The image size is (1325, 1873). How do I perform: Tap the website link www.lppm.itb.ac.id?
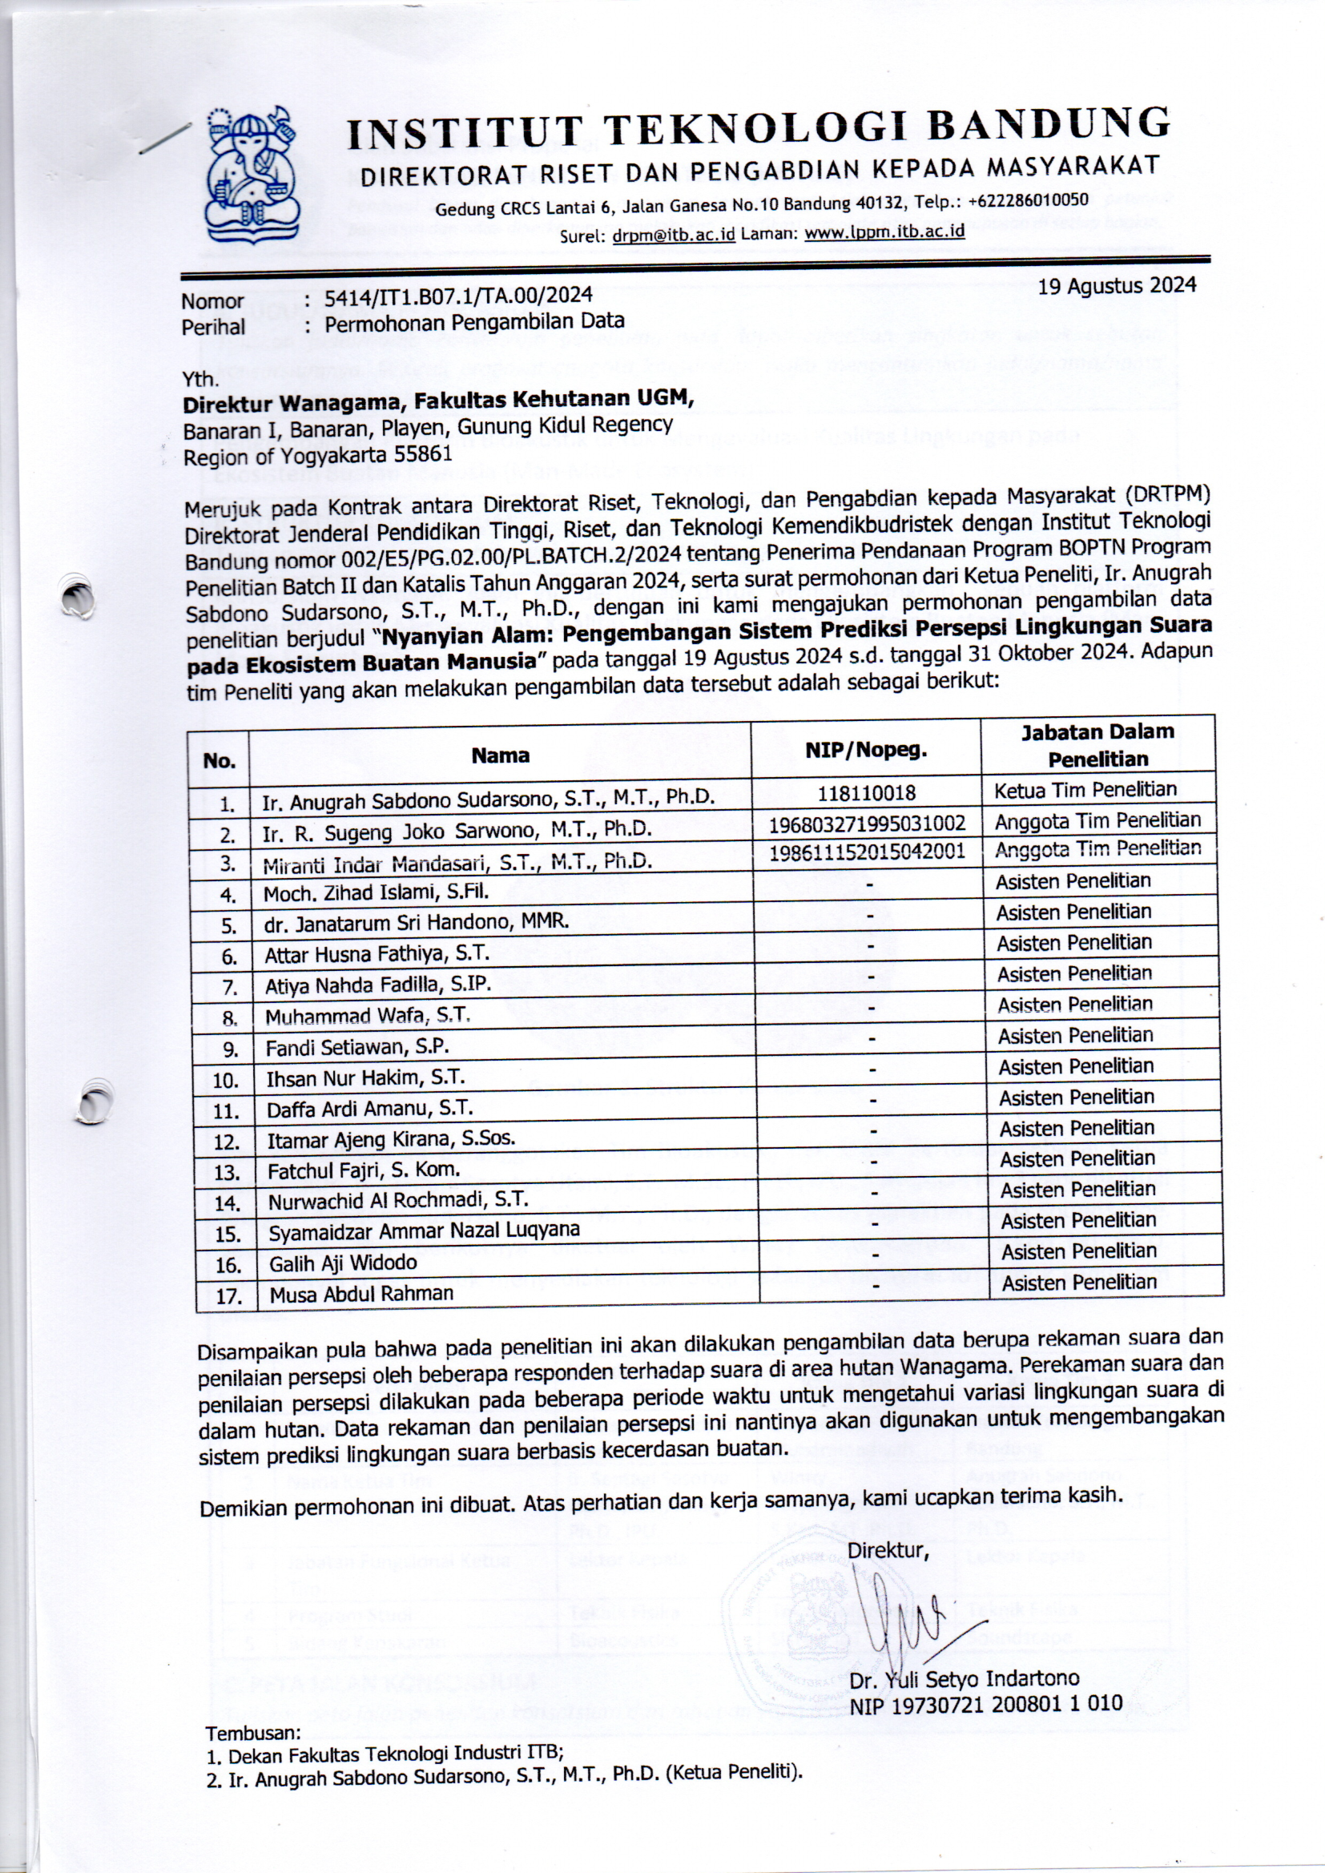[884, 232]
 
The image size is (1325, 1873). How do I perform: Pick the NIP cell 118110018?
[866, 793]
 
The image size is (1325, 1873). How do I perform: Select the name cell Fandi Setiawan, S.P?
[357, 1046]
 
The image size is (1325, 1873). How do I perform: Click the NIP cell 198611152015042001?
[868, 852]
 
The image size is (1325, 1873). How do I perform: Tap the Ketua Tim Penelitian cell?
[1085, 790]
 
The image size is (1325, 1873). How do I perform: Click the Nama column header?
[500, 755]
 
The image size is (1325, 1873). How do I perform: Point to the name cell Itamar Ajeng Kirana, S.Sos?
[391, 1139]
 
